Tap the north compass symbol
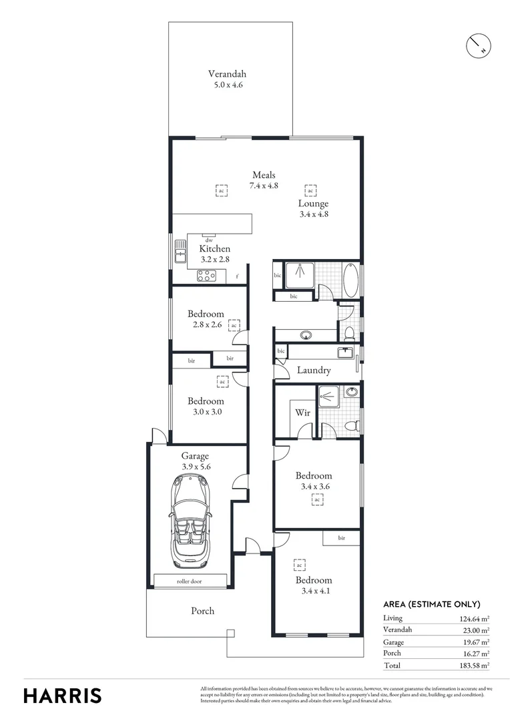click(x=477, y=45)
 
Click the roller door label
click(x=190, y=581)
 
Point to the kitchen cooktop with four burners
click(x=206, y=276)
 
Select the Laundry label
click(x=314, y=371)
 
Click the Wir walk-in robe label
click(x=302, y=413)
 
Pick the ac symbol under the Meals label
click(x=222, y=191)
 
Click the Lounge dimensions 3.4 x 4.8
click(x=313, y=214)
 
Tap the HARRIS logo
click(x=63, y=695)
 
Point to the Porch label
click(x=203, y=611)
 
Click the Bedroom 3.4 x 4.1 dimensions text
click(x=314, y=591)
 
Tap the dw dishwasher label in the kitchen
click(x=209, y=240)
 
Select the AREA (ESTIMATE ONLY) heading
click(x=433, y=604)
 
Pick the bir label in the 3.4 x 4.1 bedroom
click(x=342, y=537)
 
